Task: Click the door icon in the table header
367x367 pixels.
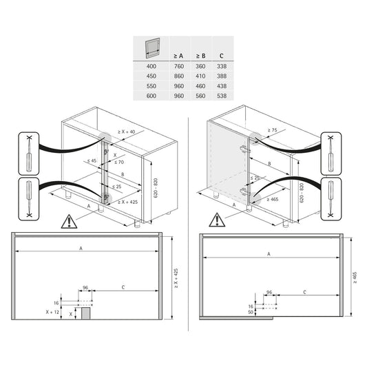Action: [x=151, y=48]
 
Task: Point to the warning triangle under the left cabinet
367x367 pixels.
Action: [x=68, y=221]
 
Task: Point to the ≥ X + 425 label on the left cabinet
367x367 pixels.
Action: [x=127, y=202]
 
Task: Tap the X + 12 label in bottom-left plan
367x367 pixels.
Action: [x=52, y=312]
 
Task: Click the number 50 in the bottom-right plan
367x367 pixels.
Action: [x=249, y=312]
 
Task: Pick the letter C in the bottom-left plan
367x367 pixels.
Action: [x=123, y=286]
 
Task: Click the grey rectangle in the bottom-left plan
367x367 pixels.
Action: [x=86, y=313]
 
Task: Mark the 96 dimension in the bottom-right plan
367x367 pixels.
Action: [x=269, y=292]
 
